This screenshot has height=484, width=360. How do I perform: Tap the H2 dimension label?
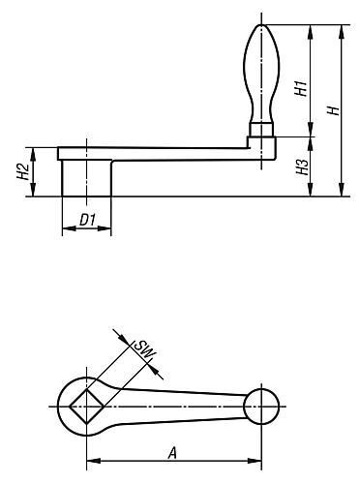tap(23, 171)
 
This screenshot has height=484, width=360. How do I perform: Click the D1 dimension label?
tap(87, 221)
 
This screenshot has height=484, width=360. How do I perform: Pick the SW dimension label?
tap(144, 350)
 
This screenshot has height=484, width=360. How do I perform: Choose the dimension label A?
tap(172, 453)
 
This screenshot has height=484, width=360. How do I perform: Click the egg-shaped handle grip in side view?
tap(261, 74)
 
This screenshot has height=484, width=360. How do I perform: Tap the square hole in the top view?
tap(86, 407)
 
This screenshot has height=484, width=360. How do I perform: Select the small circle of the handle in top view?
tap(261, 407)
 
